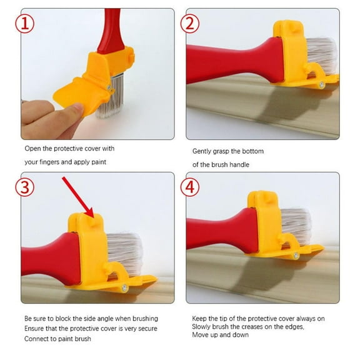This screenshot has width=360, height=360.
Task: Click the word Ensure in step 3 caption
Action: (36, 329)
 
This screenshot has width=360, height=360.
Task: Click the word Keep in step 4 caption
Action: (199, 319)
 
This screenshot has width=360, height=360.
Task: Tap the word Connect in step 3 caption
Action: (37, 339)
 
